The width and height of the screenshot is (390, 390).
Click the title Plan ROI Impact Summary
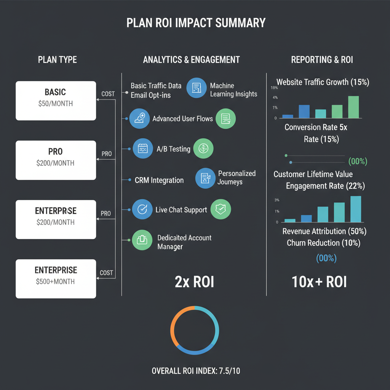click(x=196, y=23)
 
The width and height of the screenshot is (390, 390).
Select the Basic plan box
click(x=56, y=101)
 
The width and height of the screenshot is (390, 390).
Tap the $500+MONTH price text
click(x=55, y=282)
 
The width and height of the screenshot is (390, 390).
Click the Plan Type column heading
click(x=57, y=60)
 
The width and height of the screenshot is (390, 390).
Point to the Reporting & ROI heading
click(x=322, y=60)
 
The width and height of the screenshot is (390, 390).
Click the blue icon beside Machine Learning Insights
click(x=196, y=88)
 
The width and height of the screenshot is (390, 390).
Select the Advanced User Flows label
click(x=182, y=119)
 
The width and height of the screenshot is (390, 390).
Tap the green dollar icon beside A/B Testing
click(x=204, y=149)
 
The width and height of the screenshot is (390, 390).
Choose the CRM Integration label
click(x=159, y=180)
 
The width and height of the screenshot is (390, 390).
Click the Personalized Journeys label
click(x=237, y=177)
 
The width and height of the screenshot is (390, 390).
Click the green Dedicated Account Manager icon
click(x=141, y=240)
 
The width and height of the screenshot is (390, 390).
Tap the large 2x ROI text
click(x=194, y=282)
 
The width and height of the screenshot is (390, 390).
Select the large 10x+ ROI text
click(x=319, y=282)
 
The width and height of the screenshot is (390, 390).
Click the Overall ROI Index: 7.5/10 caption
click(x=196, y=371)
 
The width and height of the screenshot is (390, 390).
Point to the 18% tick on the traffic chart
click(x=274, y=88)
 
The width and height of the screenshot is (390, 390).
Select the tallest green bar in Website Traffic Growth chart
click(x=353, y=107)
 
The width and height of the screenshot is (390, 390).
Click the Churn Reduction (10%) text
click(x=323, y=243)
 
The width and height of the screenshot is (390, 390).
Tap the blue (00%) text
click(x=326, y=258)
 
